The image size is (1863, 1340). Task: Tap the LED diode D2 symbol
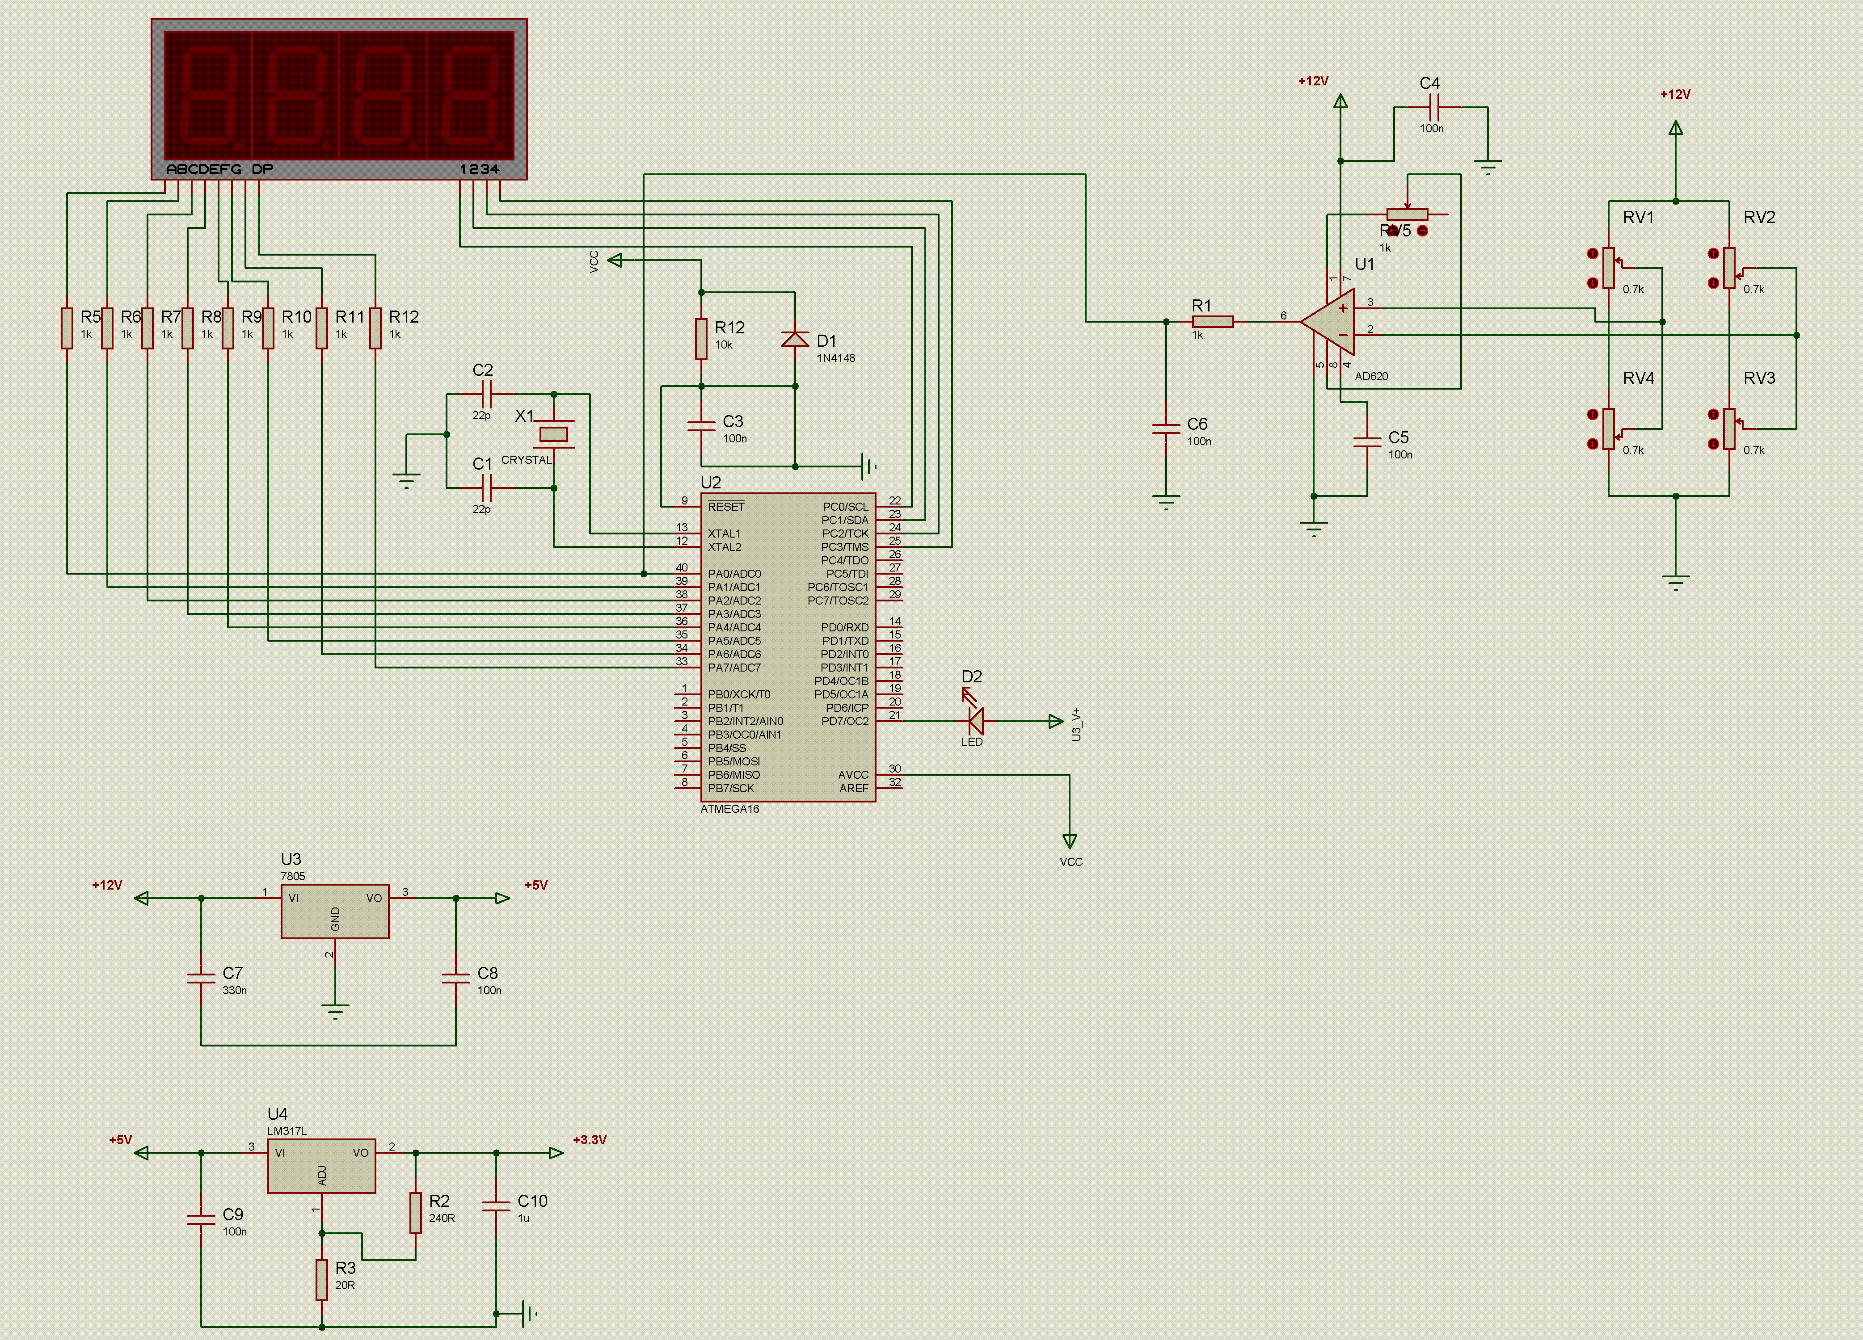point(976,721)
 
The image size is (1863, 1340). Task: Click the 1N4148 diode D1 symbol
point(795,338)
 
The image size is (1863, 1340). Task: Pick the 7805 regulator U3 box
point(335,912)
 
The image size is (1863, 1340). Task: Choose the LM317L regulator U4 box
point(322,1166)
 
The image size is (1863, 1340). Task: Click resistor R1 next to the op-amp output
point(1213,322)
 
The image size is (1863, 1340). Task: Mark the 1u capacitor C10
point(496,1206)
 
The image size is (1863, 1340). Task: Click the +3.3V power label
point(589,1140)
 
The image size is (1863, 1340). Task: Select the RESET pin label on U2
point(726,507)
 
